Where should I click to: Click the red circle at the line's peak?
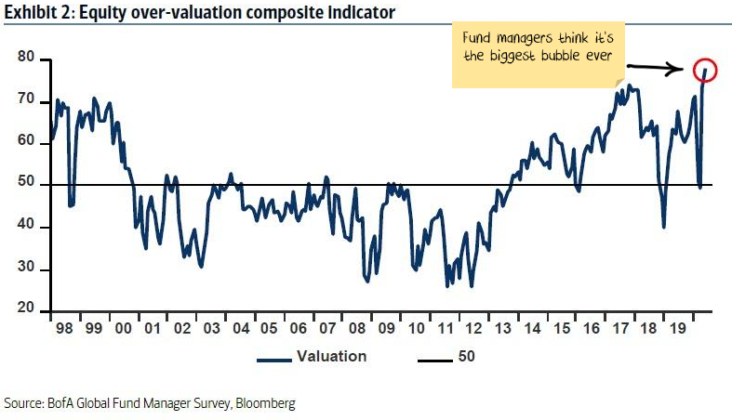pyautogui.click(x=704, y=71)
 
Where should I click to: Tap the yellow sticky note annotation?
pyautogui.click(x=538, y=56)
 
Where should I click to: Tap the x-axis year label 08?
pyautogui.click(x=356, y=329)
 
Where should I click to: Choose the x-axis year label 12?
pyautogui.click(x=474, y=329)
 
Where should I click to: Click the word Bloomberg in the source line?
pyautogui.click(x=266, y=403)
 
